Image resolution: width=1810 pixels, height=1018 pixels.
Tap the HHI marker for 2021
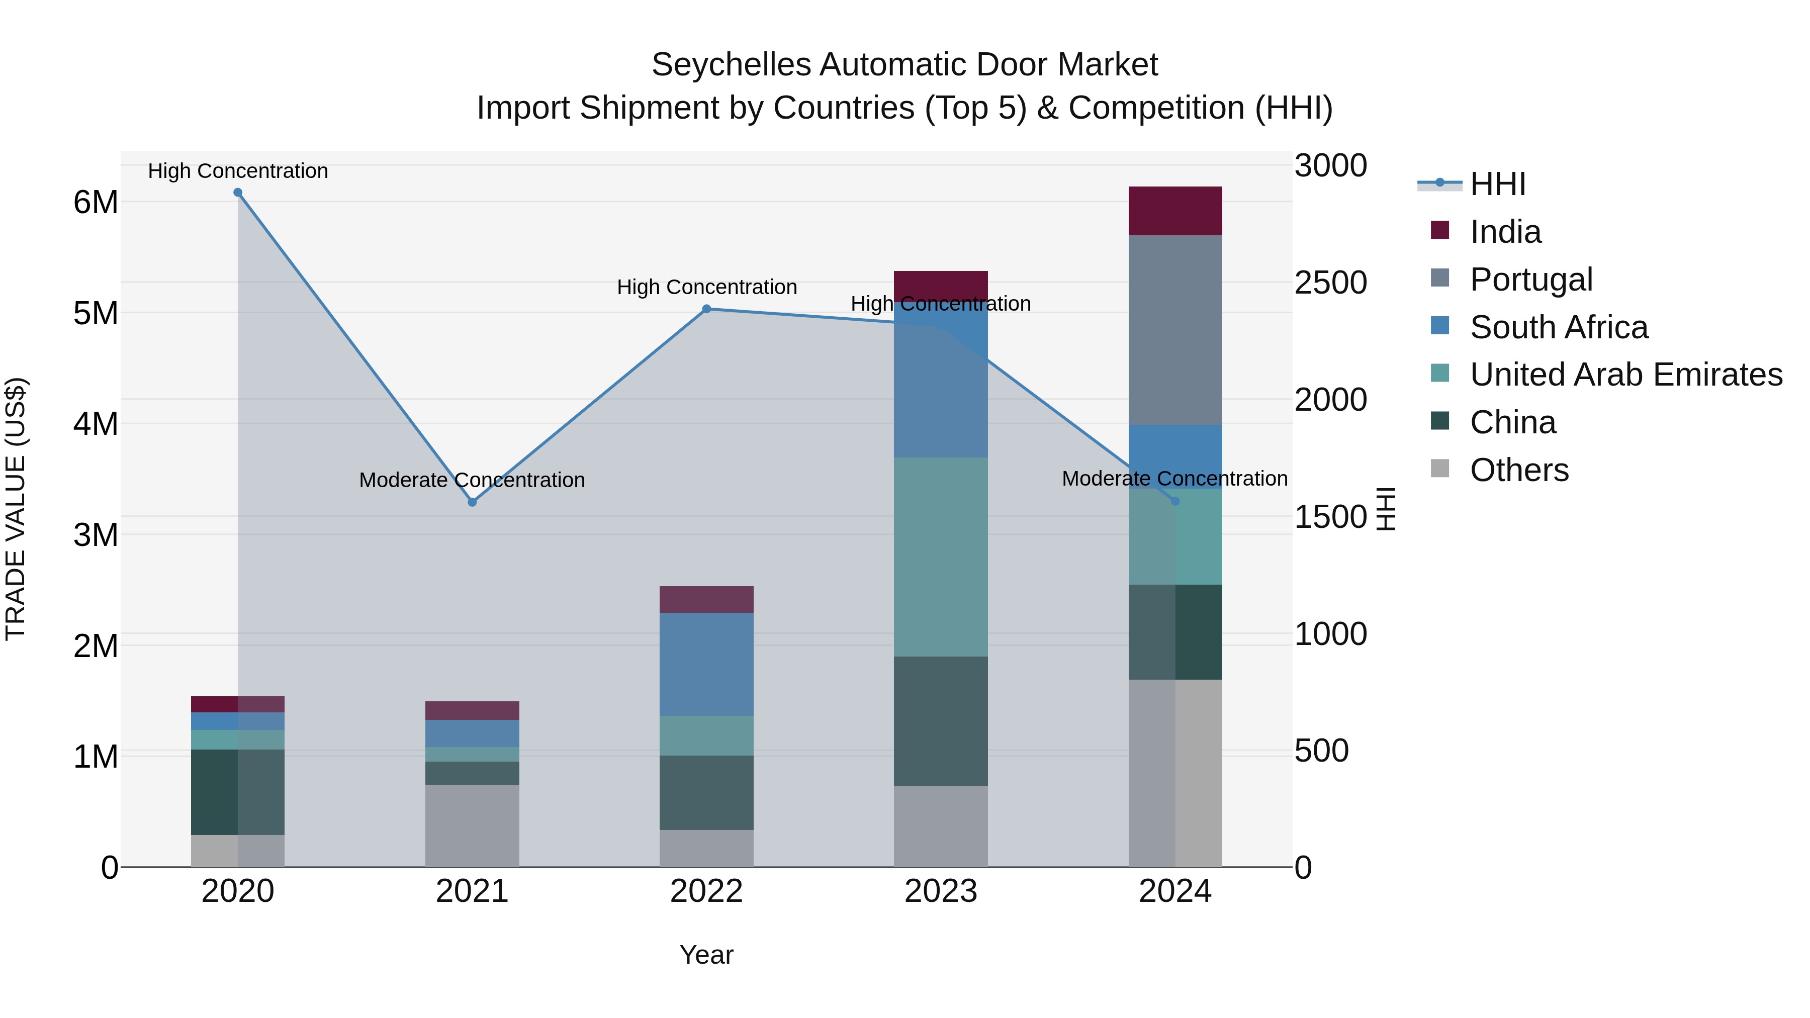472,502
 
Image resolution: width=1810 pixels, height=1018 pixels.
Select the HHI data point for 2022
707,309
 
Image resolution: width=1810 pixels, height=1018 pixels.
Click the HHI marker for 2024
1175,501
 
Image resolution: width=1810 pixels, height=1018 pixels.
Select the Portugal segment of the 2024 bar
1175,330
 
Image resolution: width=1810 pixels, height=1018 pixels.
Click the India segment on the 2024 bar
1175,211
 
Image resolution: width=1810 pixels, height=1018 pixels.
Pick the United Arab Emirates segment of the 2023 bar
940,557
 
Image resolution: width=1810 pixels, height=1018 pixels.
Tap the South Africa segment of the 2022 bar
706,664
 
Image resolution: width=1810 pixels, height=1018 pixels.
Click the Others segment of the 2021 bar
472,825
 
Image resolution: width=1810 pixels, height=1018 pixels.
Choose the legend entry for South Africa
1559,327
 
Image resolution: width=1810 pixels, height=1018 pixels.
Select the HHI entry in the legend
1497,184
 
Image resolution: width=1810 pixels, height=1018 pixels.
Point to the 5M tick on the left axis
96,313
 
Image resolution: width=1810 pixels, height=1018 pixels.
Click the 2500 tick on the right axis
1330,283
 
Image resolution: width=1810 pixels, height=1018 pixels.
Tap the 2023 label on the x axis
940,891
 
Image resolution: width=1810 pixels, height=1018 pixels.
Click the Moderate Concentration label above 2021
472,481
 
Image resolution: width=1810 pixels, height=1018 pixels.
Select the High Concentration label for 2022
707,288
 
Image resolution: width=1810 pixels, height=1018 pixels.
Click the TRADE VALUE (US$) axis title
16,509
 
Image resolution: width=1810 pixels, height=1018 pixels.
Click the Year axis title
706,955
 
